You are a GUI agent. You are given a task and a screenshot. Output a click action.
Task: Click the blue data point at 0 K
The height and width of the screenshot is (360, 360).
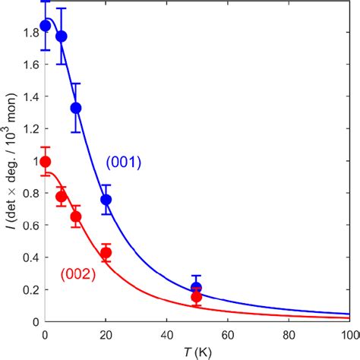(x=46, y=26)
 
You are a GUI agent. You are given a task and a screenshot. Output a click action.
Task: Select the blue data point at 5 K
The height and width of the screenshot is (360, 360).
(x=62, y=36)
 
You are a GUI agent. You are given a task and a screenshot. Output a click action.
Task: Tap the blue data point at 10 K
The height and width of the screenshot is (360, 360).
(x=76, y=108)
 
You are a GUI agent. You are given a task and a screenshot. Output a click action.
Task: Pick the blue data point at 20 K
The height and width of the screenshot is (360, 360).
(x=106, y=200)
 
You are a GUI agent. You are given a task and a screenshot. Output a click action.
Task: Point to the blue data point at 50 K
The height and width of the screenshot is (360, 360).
(x=197, y=288)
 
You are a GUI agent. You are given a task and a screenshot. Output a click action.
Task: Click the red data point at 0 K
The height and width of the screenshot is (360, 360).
(x=46, y=162)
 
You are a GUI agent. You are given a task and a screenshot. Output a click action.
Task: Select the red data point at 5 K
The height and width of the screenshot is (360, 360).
(x=62, y=197)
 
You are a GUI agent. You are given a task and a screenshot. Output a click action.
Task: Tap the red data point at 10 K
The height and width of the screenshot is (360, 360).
(x=76, y=216)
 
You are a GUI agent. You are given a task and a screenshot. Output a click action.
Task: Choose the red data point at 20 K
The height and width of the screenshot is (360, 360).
(x=106, y=253)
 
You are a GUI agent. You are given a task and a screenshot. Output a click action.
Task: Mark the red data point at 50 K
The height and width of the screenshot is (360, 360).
(x=197, y=297)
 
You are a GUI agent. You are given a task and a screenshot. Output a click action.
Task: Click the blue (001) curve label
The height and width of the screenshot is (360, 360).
(x=123, y=162)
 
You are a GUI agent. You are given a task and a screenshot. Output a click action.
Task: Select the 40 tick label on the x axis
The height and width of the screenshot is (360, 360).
(x=166, y=334)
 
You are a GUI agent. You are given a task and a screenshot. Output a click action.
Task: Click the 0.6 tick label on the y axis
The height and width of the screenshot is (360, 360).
(x=28, y=226)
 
